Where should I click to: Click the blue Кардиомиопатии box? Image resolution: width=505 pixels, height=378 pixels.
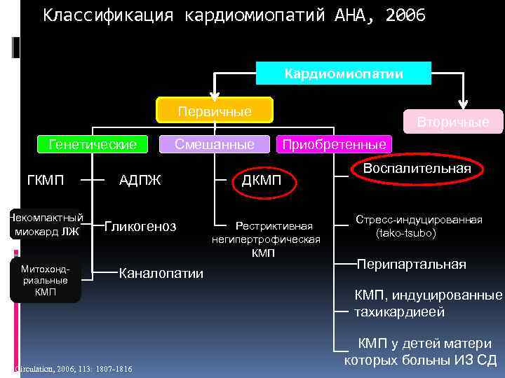(343, 73)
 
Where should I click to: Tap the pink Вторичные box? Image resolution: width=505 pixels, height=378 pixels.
(452, 122)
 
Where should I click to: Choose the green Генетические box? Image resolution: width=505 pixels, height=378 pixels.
(93, 144)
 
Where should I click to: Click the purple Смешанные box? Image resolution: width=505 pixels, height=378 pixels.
(215, 144)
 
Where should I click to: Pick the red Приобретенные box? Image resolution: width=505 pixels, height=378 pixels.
(333, 144)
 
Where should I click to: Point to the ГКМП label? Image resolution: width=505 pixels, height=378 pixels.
(45, 181)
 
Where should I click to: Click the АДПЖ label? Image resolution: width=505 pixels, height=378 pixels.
(140, 181)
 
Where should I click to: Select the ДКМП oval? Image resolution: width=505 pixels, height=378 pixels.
(262, 181)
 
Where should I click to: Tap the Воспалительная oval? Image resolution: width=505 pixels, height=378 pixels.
(418, 169)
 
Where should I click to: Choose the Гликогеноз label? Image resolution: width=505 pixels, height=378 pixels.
(141, 226)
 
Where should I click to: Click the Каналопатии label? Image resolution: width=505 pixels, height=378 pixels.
(162, 273)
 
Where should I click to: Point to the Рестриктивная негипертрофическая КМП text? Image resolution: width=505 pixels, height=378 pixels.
(266, 239)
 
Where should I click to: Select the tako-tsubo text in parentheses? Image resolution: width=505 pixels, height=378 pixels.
(405, 232)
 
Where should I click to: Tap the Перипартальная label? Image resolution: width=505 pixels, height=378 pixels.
(411, 264)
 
